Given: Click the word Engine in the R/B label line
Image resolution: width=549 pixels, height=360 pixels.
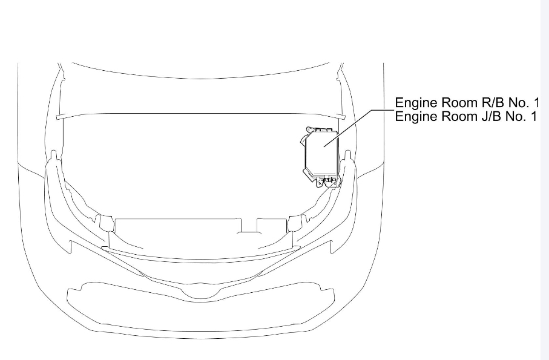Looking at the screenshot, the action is pos(415,102).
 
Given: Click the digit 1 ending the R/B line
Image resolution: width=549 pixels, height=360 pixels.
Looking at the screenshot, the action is pos(536,102).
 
